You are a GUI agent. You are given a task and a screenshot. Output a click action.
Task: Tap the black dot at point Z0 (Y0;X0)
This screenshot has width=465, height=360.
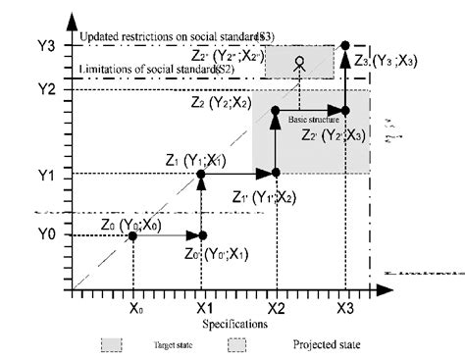tap(133, 235)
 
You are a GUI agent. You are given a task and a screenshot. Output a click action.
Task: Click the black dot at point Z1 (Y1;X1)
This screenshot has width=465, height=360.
tap(202, 174)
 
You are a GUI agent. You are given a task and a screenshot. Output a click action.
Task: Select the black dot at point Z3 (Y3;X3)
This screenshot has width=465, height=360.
tap(345, 45)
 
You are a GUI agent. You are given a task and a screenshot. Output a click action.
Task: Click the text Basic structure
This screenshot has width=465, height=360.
tap(313, 119)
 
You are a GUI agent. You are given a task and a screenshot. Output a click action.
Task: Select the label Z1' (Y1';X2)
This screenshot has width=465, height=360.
tap(266, 196)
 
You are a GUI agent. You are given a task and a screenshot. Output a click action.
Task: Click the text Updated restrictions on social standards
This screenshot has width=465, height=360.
tap(177, 36)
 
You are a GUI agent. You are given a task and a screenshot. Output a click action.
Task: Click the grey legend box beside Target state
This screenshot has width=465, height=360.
tap(111, 345)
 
